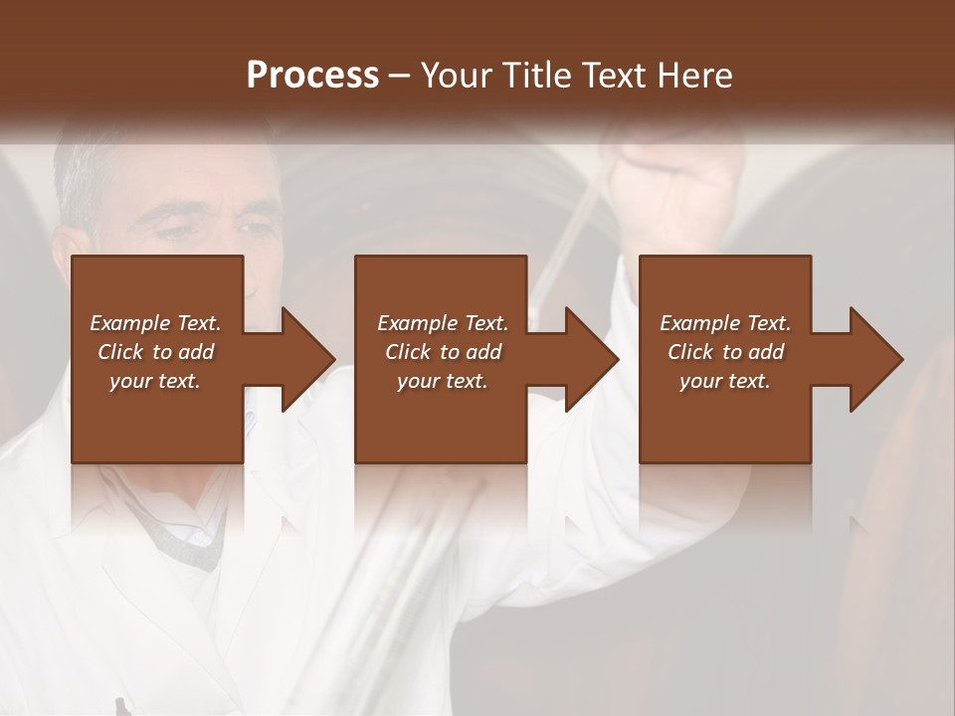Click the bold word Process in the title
(x=312, y=76)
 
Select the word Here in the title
(x=695, y=76)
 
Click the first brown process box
(x=157, y=418)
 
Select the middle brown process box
(x=441, y=418)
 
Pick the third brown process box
(x=724, y=418)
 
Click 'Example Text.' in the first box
(x=155, y=323)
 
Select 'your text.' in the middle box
(x=442, y=381)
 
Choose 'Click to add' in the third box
(x=725, y=352)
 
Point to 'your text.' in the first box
(x=155, y=381)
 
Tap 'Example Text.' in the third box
(x=725, y=323)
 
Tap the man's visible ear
(x=66, y=249)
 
